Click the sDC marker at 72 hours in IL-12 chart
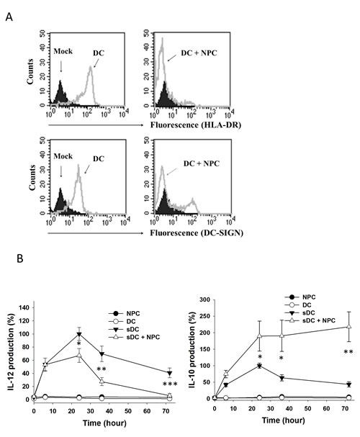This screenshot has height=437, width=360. pos(169,372)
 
